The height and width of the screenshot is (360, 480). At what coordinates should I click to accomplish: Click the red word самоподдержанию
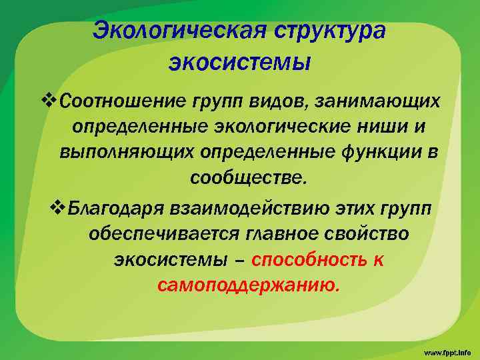coord(249,286)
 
